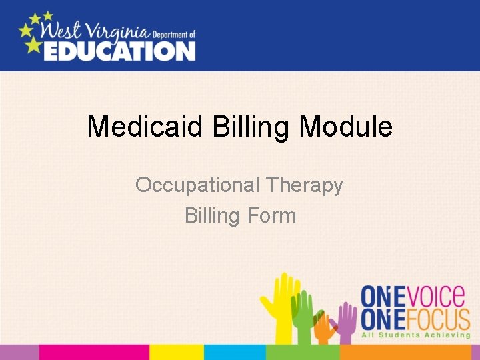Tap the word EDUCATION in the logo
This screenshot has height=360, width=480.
(120, 51)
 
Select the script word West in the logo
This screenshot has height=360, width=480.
(59, 31)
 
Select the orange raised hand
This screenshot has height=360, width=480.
(325, 327)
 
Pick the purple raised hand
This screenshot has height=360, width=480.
(347, 320)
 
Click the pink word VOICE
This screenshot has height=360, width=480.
(436, 295)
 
